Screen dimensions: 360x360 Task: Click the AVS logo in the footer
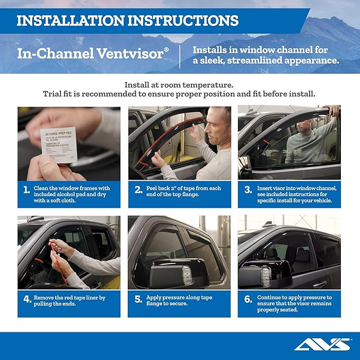322,345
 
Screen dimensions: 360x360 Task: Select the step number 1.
27,190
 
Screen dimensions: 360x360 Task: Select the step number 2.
137,190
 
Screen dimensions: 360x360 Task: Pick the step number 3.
247,190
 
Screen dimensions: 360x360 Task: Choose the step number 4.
27,300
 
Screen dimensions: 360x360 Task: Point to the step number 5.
137,300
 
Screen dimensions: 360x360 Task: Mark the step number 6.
248,300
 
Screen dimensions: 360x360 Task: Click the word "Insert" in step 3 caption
266,188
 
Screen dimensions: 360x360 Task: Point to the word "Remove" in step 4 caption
44,297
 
